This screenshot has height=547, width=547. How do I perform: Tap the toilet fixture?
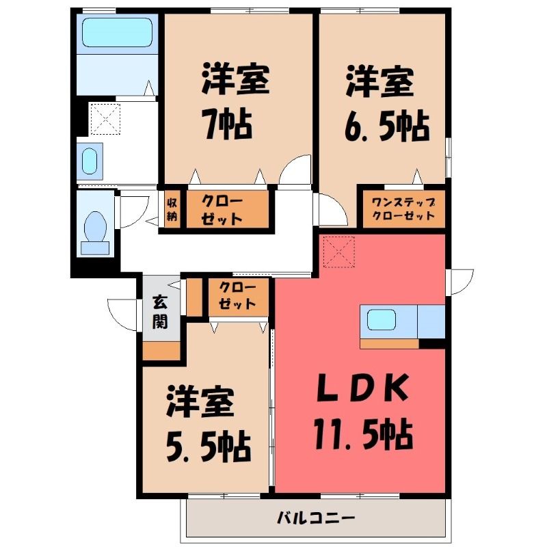[95, 229]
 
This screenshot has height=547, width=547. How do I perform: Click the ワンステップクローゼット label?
[403, 209]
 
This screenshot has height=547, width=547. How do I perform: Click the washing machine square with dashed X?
[105, 118]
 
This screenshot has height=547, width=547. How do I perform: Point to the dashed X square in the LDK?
[338, 251]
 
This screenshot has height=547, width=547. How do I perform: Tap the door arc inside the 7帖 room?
[296, 168]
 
